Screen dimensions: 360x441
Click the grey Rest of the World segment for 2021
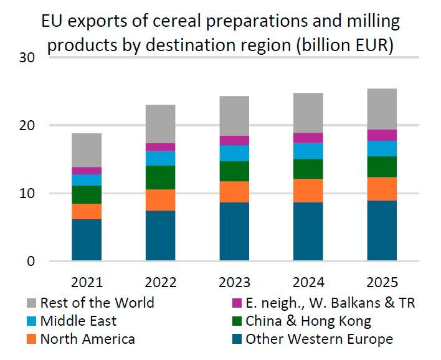coord(87,150)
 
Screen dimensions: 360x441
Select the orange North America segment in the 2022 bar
coord(160,200)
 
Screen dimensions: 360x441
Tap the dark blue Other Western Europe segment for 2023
coord(234,231)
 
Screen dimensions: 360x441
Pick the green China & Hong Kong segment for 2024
coord(308,169)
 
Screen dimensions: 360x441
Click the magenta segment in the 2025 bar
coord(382,135)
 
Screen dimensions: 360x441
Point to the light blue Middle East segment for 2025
coord(382,148)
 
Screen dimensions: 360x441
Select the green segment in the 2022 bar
coord(160,178)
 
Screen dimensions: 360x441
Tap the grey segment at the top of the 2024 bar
coord(308,113)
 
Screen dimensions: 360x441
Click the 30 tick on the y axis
coord(27,58)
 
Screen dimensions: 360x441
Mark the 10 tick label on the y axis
coord(27,194)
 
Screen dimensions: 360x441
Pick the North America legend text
coord(87,339)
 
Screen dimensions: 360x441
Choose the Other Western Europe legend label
coord(320,339)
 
